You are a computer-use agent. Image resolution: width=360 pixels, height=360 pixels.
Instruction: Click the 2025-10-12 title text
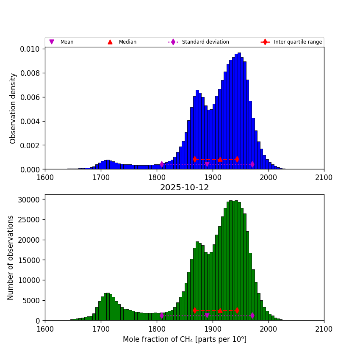(x=184, y=188)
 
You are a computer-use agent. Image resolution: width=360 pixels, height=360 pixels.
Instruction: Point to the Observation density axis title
(x=13, y=108)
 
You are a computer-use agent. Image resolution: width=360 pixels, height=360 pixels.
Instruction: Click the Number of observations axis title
(x=11, y=258)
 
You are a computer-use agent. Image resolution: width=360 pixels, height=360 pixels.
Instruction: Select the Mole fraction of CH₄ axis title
(x=184, y=339)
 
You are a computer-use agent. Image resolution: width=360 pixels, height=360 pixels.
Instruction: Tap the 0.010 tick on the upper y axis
(x=30, y=49)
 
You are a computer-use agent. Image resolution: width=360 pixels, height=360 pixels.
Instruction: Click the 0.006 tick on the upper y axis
(x=30, y=97)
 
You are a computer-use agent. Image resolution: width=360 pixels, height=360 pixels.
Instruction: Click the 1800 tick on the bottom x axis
(x=157, y=328)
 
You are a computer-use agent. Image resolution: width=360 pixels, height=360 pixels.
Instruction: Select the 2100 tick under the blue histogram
(x=324, y=177)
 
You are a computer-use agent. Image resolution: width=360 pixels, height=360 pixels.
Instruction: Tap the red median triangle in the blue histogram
(x=220, y=159)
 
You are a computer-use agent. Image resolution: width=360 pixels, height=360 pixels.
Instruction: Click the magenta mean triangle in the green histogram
(x=207, y=316)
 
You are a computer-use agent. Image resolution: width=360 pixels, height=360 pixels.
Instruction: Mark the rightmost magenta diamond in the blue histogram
(x=252, y=164)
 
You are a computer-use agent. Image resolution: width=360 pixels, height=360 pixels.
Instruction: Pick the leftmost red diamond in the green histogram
(x=195, y=310)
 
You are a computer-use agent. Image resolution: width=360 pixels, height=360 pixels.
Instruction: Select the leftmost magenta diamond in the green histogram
(x=162, y=316)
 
